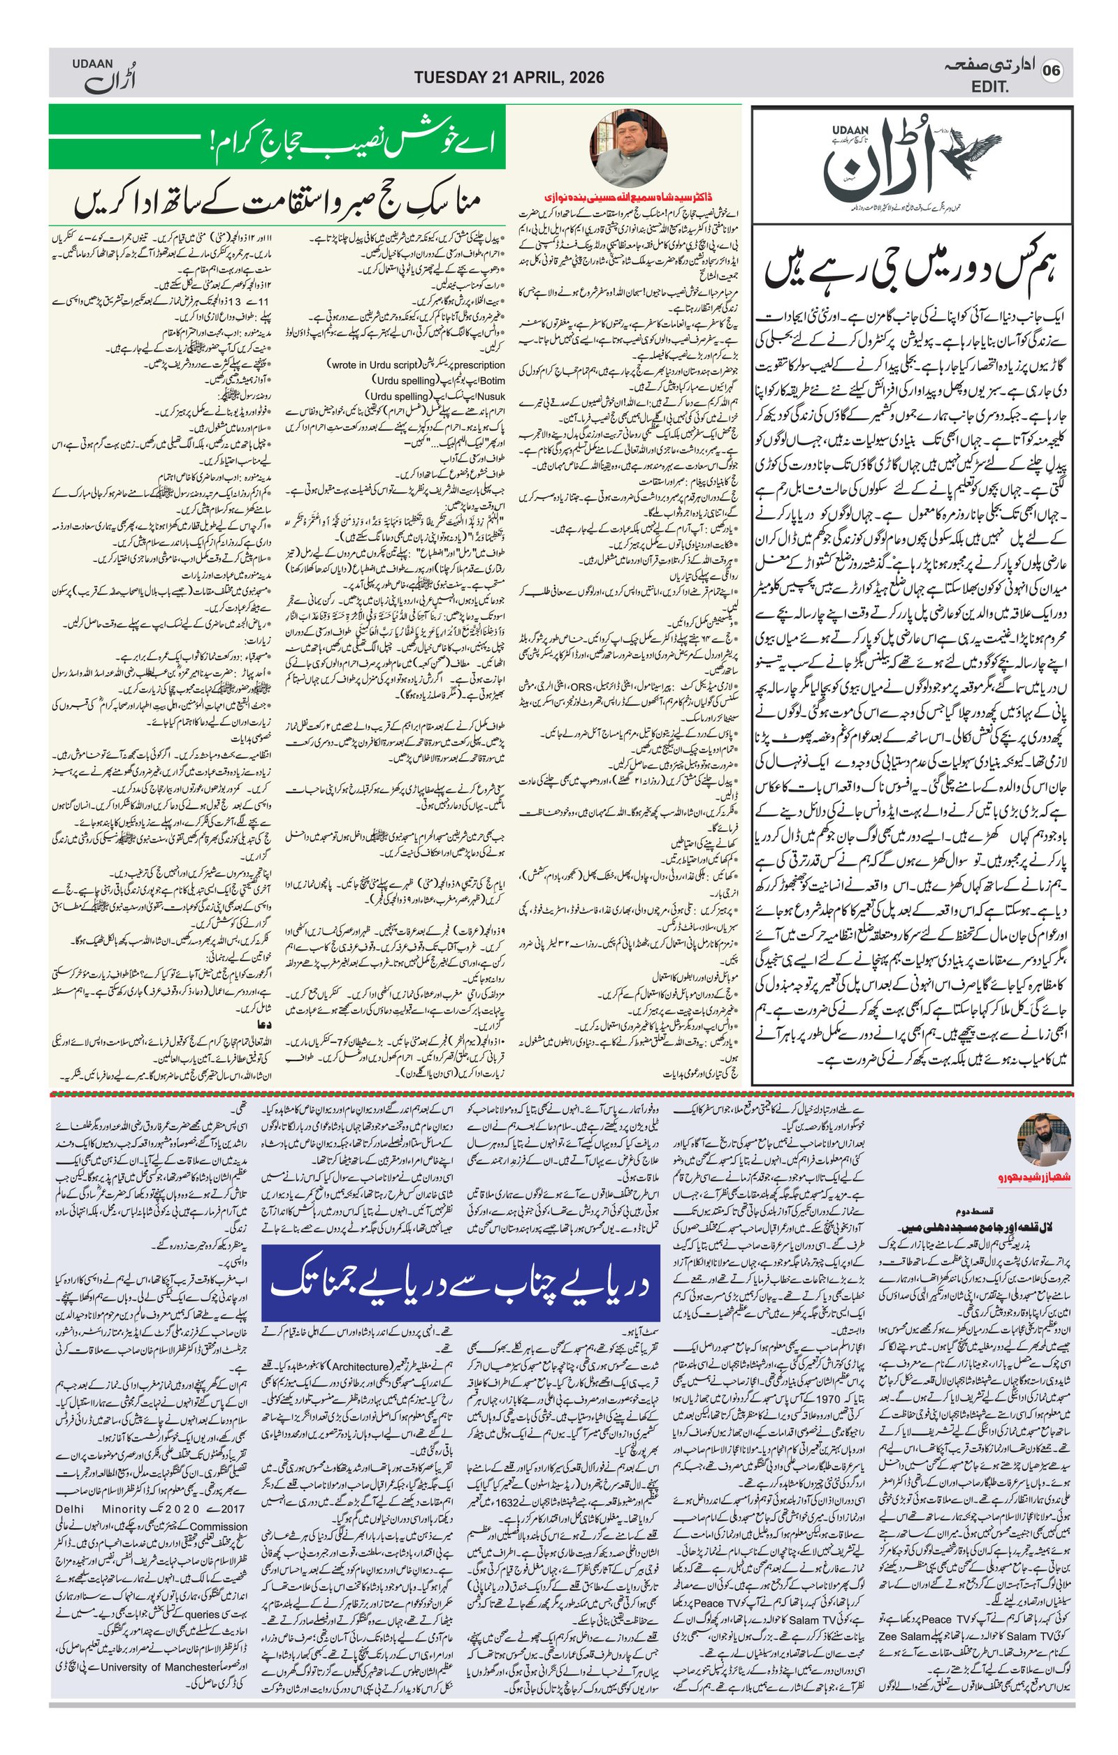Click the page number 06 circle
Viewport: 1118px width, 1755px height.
point(1052,71)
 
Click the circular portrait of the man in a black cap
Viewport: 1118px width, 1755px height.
point(628,148)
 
